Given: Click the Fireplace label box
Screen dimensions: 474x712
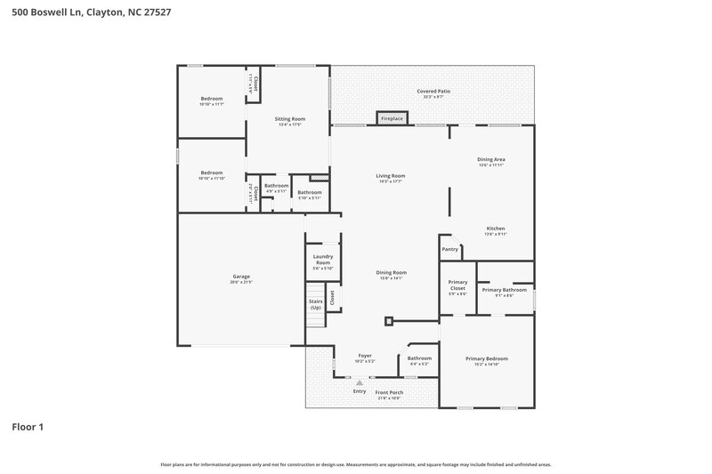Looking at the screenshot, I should (392, 118).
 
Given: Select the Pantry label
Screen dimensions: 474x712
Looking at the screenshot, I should (450, 249).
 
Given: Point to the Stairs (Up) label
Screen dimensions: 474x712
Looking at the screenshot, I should (316, 304).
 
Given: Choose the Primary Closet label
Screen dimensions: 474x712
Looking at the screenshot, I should (457, 285).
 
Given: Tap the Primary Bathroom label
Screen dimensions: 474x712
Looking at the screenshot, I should (504, 289).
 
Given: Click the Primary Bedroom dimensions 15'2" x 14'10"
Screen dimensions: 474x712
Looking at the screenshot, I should (487, 365).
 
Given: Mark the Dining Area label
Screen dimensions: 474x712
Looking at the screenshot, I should (491, 159).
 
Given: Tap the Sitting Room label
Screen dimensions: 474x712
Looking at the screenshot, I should (289, 118).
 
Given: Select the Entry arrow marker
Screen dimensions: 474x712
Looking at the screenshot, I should (360, 382).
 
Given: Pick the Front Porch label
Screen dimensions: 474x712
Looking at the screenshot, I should (389, 392).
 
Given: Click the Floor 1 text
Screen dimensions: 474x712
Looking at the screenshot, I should (28, 427).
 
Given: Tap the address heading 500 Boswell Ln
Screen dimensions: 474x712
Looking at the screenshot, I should (49, 12).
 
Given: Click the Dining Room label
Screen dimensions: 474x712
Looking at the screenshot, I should (391, 272).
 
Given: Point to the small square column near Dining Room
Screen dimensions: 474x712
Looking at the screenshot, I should (389, 321).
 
